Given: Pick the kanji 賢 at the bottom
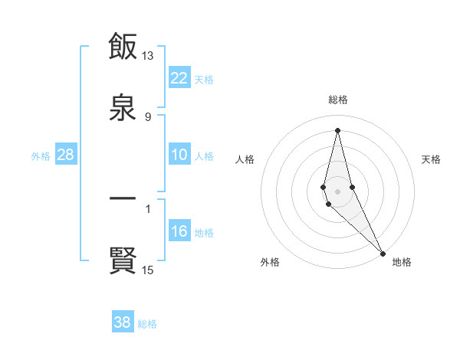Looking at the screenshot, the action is (x=123, y=260).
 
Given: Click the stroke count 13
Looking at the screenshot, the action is (x=148, y=56).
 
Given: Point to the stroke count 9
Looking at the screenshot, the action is (x=148, y=117).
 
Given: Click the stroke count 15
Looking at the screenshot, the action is (x=148, y=270).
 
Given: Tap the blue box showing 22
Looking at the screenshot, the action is (x=179, y=78).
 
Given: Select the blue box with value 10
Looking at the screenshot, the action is (x=179, y=155).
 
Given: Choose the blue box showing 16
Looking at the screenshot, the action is (x=179, y=231).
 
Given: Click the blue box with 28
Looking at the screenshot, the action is (x=66, y=155).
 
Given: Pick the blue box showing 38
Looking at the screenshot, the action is (x=123, y=322).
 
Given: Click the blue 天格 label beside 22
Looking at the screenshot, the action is (x=204, y=79).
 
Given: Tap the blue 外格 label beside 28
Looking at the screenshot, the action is (x=41, y=155).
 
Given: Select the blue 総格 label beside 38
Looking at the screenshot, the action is (x=147, y=323).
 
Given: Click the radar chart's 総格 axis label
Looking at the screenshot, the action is (x=338, y=100).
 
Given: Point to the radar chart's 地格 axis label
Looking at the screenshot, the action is (x=402, y=262).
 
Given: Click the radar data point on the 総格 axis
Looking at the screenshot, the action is (x=337, y=129).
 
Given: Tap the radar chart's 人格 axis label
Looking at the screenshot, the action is (x=245, y=159).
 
